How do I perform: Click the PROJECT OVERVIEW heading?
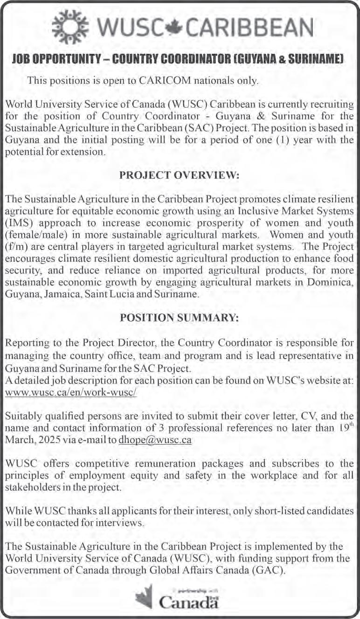pos(180,175)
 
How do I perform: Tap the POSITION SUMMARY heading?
pos(180,318)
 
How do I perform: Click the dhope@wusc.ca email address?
pos(155,440)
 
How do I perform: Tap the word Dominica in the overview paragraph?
pos(338,283)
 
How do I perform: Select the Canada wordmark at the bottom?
pos(189,602)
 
